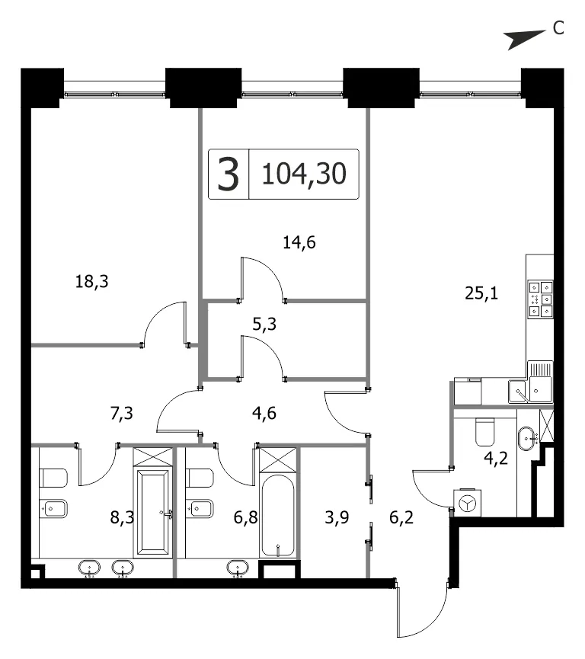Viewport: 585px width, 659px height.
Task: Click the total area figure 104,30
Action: (304, 174)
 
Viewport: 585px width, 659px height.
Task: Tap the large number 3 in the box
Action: (229, 174)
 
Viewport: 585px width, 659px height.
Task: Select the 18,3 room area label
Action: (91, 281)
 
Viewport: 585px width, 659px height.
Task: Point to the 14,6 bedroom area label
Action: (299, 242)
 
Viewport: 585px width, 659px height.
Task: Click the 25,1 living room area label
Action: (481, 293)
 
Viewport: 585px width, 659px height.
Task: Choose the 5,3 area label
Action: (264, 324)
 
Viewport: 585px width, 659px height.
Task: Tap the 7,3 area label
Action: (121, 414)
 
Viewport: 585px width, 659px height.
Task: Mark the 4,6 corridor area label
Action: (264, 413)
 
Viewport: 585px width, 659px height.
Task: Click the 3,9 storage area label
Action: (337, 517)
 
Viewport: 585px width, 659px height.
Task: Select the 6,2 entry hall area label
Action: (401, 517)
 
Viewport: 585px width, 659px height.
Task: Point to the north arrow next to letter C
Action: (527, 40)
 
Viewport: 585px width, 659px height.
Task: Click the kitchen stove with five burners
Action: (541, 299)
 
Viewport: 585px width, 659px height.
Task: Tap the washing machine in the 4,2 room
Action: (467, 503)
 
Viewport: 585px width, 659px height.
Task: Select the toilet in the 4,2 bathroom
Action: (486, 432)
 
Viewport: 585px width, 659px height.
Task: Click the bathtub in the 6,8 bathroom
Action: (277, 517)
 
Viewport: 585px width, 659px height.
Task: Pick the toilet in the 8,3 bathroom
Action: (54, 478)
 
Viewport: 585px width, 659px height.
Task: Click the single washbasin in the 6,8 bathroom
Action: (238, 568)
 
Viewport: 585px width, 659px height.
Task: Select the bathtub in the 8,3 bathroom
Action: (153, 512)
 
